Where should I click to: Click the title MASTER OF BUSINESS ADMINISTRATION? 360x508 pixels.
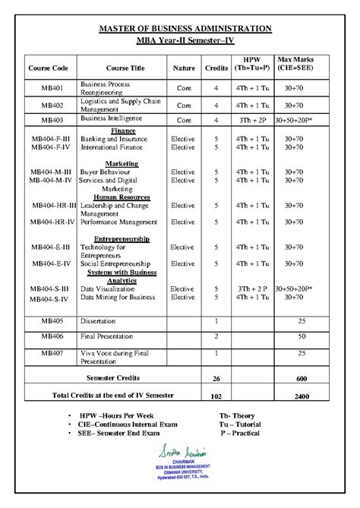(180, 28)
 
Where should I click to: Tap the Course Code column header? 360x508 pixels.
(49, 68)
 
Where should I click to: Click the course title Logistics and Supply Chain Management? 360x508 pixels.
(115, 104)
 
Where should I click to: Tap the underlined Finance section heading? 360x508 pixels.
(123, 130)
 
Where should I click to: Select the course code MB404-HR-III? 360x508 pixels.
(54, 205)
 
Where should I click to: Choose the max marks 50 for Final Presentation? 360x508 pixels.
(302, 336)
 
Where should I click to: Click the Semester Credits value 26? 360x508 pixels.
(216, 378)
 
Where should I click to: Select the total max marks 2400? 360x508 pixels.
(302, 396)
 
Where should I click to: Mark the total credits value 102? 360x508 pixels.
(216, 396)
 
